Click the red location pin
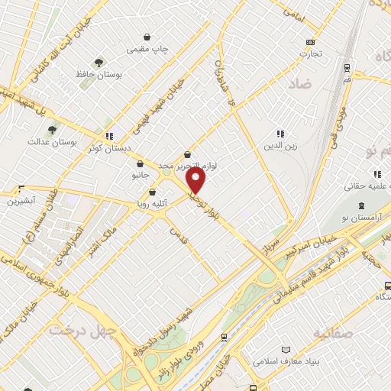[x=196, y=181]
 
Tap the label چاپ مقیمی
[x=148, y=49]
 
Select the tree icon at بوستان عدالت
[x=53, y=131]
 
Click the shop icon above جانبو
[x=140, y=163]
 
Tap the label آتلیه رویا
[x=150, y=204]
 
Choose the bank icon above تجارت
[x=310, y=42]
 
